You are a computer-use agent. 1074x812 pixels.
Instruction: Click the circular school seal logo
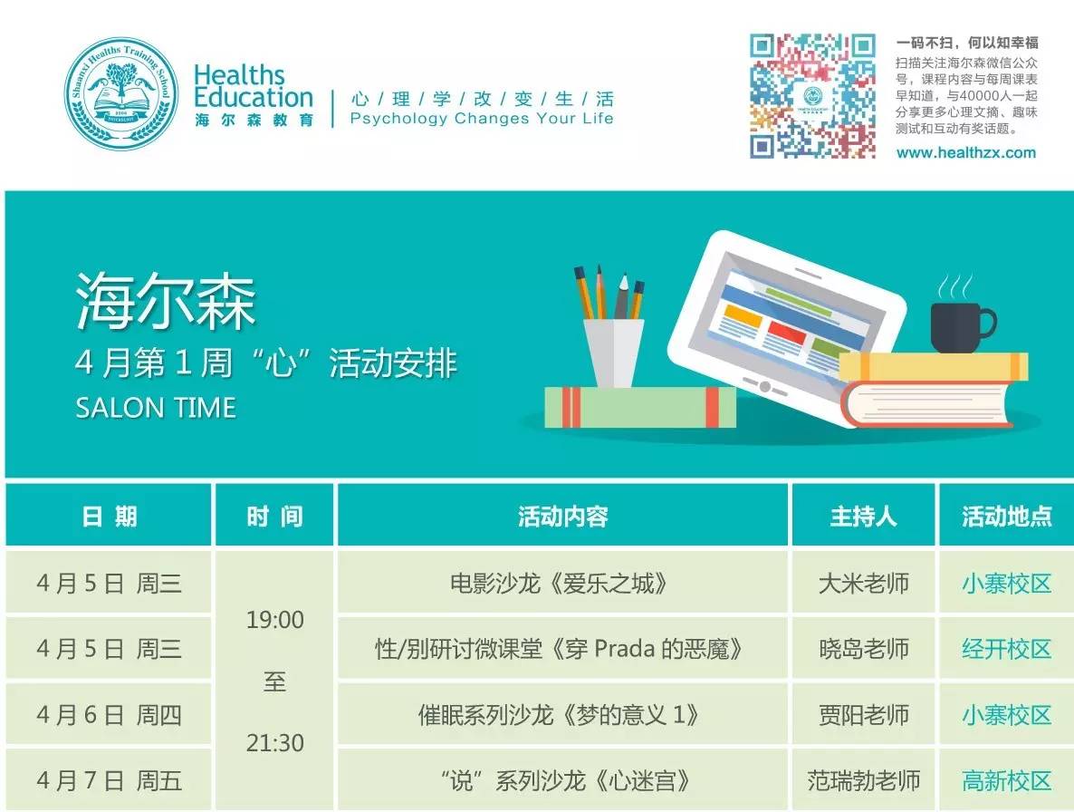(x=121, y=93)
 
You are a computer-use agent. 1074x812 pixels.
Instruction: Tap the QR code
(x=812, y=96)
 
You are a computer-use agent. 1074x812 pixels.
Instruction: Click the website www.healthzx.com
(x=965, y=153)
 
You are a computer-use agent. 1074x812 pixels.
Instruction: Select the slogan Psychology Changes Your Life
(x=482, y=119)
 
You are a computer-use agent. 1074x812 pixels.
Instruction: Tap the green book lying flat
(x=640, y=407)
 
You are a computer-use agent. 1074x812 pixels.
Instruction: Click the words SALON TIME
(x=156, y=409)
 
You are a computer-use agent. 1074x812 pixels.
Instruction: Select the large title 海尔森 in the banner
(x=166, y=302)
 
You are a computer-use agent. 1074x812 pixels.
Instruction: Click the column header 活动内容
(x=563, y=516)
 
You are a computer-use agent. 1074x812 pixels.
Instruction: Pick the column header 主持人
(x=863, y=516)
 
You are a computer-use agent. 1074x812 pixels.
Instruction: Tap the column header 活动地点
(x=1006, y=516)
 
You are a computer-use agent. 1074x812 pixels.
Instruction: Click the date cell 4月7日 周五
(x=109, y=780)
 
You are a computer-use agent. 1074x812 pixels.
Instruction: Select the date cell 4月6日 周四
(x=109, y=715)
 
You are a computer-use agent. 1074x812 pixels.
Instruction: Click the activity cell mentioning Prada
(x=559, y=649)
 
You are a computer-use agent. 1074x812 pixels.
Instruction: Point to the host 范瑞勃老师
(x=863, y=780)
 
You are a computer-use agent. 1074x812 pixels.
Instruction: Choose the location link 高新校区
(x=1006, y=780)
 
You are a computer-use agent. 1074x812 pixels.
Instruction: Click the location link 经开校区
(x=1006, y=649)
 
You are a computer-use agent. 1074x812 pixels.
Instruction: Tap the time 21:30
(x=274, y=743)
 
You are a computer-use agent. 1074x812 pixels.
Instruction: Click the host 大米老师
(x=863, y=584)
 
